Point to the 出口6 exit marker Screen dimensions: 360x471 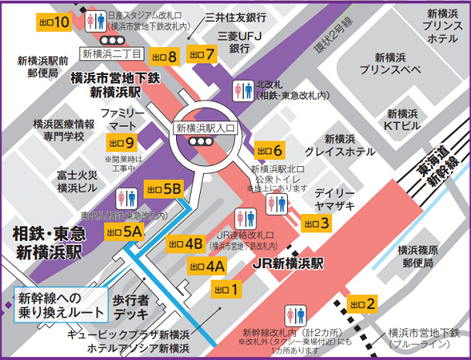[269, 150]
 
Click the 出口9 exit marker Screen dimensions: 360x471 [122, 142]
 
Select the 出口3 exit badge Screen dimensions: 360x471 [317, 223]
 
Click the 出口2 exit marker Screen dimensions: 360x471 [362, 304]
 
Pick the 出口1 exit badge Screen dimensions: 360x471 [227, 290]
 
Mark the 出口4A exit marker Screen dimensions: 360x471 [206, 267]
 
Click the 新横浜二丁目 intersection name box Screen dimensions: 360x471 [113, 53]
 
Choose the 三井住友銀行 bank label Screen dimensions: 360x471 [235, 17]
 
